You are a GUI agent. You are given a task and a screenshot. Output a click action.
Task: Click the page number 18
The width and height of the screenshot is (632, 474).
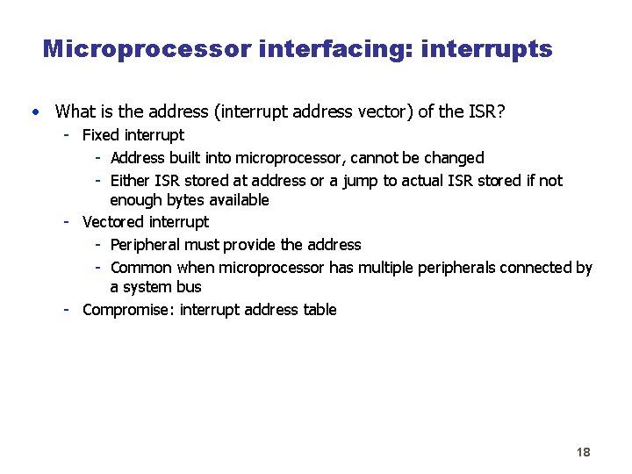[x=583, y=452]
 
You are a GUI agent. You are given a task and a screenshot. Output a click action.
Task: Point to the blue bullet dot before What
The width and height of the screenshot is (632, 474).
[x=32, y=111]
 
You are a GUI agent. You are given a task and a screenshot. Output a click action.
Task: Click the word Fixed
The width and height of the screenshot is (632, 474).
[x=101, y=135]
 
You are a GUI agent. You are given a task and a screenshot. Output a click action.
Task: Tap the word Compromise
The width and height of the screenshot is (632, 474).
[x=127, y=310]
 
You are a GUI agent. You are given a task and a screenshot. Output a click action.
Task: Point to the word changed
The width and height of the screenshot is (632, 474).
[x=454, y=158]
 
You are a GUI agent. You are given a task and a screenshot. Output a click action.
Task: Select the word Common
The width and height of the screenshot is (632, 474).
[x=141, y=268]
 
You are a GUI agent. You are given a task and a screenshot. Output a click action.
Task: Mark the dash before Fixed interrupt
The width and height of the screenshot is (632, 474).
[x=67, y=135]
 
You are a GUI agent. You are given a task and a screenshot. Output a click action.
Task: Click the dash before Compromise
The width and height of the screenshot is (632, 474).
[x=67, y=310]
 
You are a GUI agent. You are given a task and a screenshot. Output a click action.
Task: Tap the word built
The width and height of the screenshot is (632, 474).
[x=187, y=158]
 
